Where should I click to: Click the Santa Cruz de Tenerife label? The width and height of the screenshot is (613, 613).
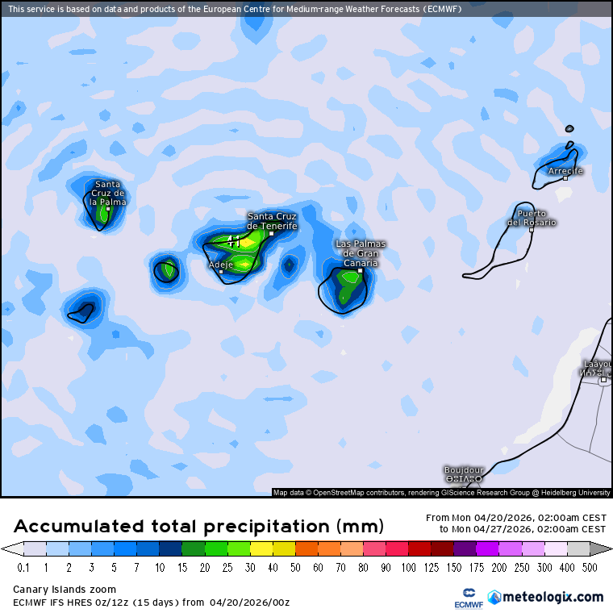coord(272,221)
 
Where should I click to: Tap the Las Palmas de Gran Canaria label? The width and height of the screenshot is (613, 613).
coord(361,253)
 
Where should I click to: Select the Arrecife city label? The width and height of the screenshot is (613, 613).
coord(565,171)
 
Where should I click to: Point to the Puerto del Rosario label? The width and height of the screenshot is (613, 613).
coord(532,218)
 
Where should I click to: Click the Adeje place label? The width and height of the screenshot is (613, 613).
coord(220,265)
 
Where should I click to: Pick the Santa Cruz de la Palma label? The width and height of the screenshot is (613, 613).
coord(107,193)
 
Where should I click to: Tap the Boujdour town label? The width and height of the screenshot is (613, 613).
coord(464,469)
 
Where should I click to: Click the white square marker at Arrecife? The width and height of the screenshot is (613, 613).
coord(565,178)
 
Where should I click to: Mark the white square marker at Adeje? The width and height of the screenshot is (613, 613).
coord(221,272)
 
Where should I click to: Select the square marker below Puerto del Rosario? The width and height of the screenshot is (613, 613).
coord(531,230)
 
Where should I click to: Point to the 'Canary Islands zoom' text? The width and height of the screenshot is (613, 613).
coord(64,590)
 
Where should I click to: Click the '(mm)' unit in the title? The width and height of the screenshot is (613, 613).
coord(362,527)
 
